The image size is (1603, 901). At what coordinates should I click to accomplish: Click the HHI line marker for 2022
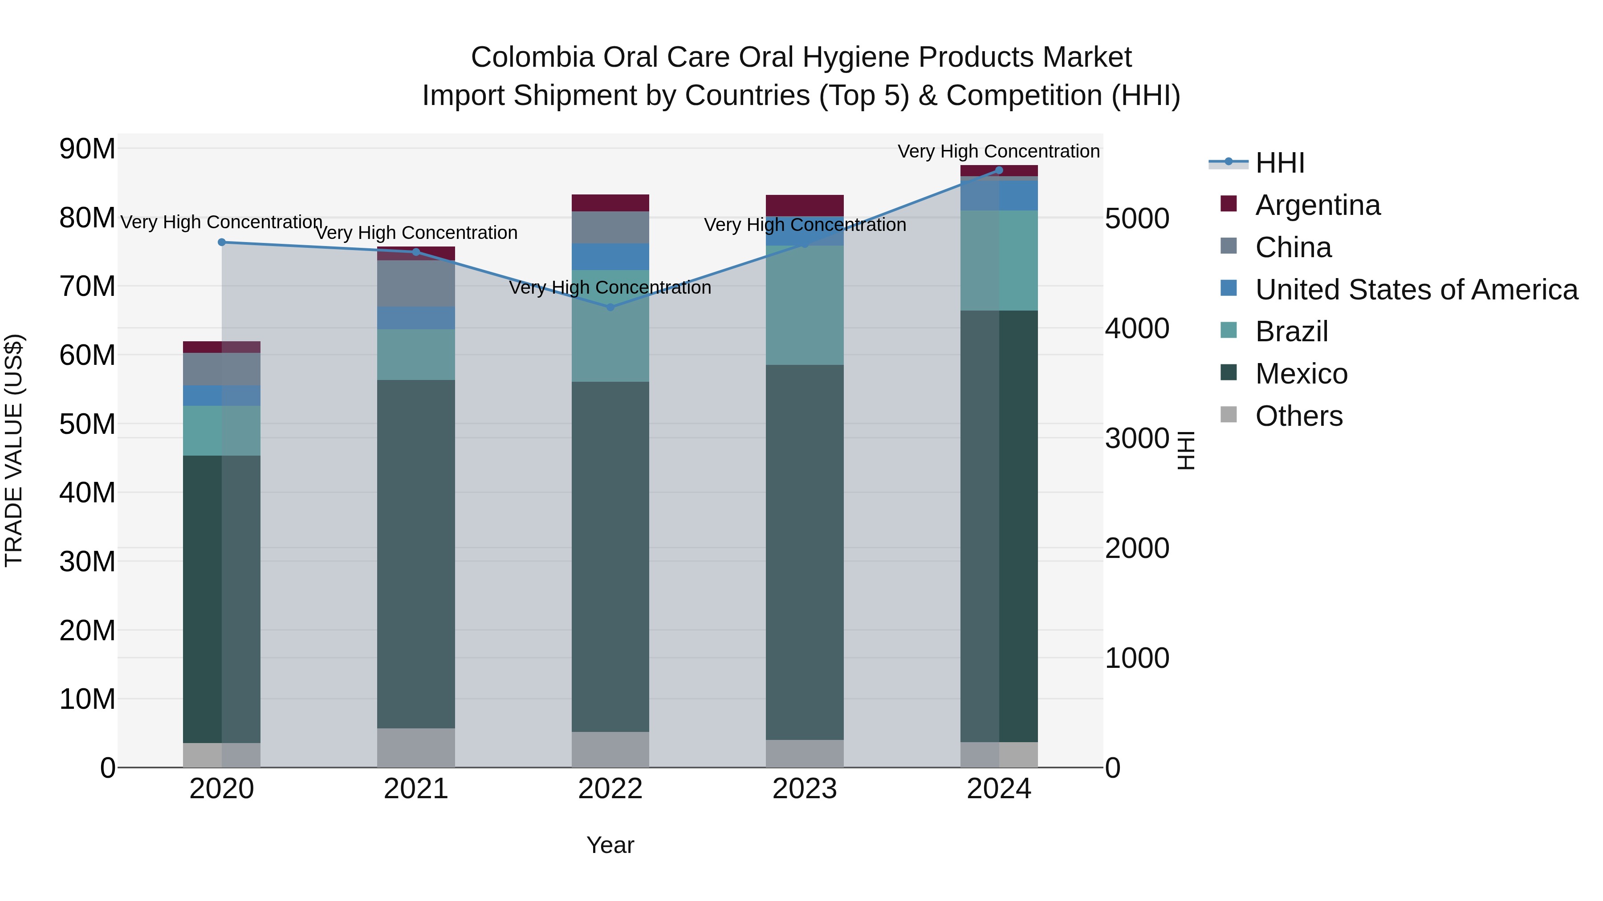[610, 307]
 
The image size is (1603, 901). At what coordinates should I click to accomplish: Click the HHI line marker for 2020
[222, 242]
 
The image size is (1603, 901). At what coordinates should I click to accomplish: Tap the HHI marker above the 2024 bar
[999, 170]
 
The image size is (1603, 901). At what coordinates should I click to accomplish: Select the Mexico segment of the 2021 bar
[416, 554]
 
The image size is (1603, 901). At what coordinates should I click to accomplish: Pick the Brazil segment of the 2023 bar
[805, 305]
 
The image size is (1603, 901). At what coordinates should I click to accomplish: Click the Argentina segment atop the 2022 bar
[610, 203]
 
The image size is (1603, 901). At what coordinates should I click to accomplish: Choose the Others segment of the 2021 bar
[416, 747]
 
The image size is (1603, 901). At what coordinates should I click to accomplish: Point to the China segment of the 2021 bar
[416, 283]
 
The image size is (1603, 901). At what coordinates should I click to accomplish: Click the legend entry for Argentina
[1318, 205]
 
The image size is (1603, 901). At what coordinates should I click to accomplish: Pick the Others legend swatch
[1229, 414]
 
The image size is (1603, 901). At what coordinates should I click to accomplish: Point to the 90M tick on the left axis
[87, 149]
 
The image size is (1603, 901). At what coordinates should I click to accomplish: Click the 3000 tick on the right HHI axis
[1137, 438]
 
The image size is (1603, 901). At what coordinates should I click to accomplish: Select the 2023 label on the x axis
[805, 789]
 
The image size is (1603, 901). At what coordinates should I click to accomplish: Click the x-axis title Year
[610, 845]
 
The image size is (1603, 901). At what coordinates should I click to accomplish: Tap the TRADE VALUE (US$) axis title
[14, 450]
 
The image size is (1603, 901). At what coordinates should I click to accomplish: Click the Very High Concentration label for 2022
[610, 287]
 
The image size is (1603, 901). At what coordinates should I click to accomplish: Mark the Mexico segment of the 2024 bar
[999, 525]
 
